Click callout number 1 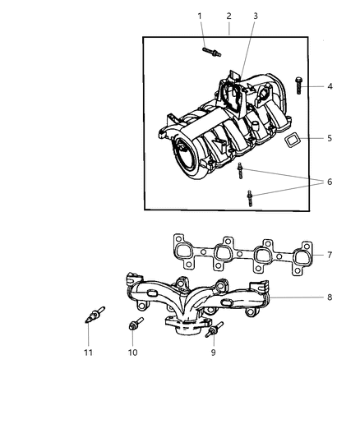point(199,16)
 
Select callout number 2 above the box point(228,16)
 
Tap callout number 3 point(256,16)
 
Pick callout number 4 point(330,86)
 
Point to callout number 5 point(330,138)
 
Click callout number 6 point(330,182)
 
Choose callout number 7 point(330,255)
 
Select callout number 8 point(330,297)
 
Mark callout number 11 point(88,353)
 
